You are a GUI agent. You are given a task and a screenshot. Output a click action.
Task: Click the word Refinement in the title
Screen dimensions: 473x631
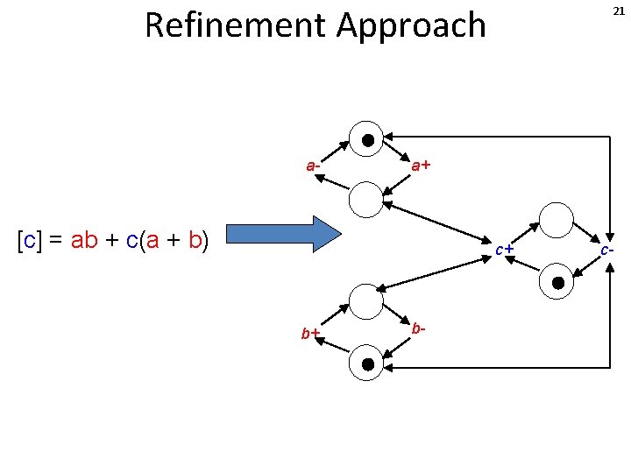click(x=234, y=25)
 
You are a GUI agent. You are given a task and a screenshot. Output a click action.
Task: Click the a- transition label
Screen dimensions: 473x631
click(x=312, y=165)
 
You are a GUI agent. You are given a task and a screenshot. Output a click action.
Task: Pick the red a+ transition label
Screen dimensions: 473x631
click(x=421, y=165)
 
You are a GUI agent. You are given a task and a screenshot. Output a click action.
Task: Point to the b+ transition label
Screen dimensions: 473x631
click(x=310, y=333)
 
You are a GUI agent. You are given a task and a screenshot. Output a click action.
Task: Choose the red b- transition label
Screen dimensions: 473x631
click(x=419, y=328)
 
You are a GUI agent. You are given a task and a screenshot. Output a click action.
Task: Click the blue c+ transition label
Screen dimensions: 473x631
click(x=503, y=250)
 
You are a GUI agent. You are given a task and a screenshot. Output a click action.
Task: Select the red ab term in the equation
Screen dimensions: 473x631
click(x=84, y=240)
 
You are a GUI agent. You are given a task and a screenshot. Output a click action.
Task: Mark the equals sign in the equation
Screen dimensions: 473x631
click(x=55, y=240)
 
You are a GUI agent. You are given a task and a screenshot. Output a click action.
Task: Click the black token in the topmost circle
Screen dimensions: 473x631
click(x=367, y=139)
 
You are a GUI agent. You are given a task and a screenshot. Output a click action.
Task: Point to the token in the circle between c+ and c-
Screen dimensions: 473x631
click(x=557, y=282)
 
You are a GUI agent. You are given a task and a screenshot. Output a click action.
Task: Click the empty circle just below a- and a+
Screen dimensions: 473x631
click(x=366, y=200)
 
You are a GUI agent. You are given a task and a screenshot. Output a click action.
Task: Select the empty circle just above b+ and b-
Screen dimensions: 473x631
click(x=366, y=301)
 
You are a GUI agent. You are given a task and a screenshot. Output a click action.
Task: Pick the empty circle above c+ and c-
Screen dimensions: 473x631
click(x=557, y=219)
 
